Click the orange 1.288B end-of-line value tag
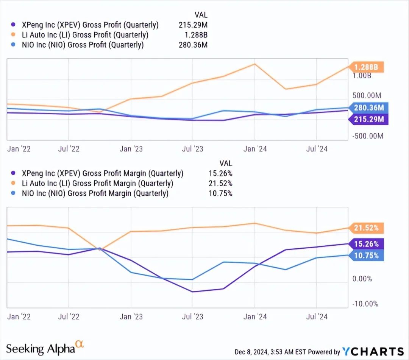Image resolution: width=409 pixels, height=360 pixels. click(x=366, y=67)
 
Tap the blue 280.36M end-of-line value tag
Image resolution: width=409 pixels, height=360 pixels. click(x=366, y=108)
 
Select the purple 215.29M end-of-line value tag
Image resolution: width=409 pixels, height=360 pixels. click(x=366, y=120)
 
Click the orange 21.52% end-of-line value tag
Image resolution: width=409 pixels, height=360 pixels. click(x=366, y=228)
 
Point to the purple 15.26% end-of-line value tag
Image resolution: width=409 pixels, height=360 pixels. click(x=366, y=243)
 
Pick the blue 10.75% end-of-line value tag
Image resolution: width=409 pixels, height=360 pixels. click(x=366, y=256)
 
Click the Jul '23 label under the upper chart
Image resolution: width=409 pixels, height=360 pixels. click(x=192, y=149)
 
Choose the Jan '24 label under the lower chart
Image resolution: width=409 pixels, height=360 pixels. click(x=255, y=317)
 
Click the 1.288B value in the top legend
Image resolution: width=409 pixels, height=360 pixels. click(x=198, y=35)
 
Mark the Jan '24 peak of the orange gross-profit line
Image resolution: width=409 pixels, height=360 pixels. click(x=255, y=64)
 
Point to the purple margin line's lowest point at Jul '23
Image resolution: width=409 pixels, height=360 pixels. click(x=192, y=292)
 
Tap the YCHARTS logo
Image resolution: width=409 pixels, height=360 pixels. click(x=373, y=352)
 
